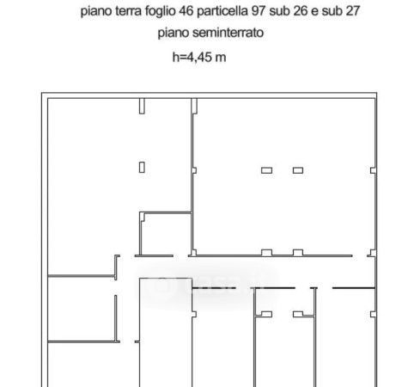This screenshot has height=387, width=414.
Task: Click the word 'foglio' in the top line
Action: tap(161, 11)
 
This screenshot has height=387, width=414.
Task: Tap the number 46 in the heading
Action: tap(186, 11)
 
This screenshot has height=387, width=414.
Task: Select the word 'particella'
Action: tap(222, 11)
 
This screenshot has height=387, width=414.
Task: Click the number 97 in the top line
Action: tap(259, 11)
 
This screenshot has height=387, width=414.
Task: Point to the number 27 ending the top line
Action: tap(352, 11)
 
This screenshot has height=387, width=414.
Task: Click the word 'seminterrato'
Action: tap(228, 33)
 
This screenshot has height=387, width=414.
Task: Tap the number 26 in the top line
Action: tap(301, 11)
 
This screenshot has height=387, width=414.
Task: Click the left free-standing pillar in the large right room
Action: tap(266, 170)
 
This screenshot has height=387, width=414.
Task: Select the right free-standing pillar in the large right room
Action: tap(298, 170)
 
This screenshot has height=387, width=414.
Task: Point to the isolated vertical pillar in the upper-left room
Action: tap(142, 168)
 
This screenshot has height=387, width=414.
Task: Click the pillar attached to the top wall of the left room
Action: tap(142, 106)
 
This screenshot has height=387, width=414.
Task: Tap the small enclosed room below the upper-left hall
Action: tap(166, 234)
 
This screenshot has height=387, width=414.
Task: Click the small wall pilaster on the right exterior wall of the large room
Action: tap(373, 170)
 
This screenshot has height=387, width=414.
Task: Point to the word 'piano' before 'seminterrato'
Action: tap(174, 33)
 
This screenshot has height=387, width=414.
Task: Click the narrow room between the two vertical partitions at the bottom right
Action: tap(285, 352)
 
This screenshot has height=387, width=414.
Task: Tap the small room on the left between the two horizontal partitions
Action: tap(82, 309)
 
